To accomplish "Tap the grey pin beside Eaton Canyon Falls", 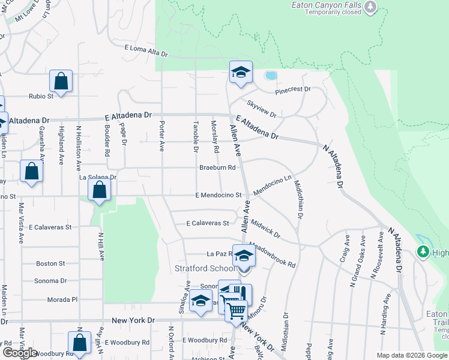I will [x=370, y=7].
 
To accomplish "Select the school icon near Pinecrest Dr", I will [x=241, y=73].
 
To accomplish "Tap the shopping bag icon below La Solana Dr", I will [x=100, y=190].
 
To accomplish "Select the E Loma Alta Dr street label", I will [x=145, y=50].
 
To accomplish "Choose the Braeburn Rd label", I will [x=217, y=167].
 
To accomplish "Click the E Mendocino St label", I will [x=218, y=195].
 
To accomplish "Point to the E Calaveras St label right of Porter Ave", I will [x=208, y=223].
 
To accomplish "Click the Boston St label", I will [x=50, y=263].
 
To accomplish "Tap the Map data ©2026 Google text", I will [x=412, y=355].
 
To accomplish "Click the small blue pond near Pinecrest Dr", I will [x=271, y=76].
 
